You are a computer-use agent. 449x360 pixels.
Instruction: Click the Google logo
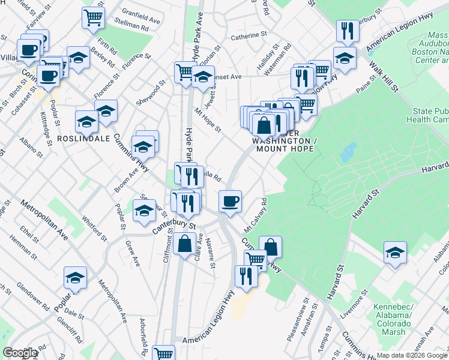click(20, 353)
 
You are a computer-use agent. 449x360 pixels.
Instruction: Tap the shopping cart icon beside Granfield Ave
click(94, 17)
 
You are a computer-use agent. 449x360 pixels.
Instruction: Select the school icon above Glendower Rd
click(76, 277)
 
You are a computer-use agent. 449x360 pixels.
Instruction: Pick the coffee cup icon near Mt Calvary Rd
click(229, 200)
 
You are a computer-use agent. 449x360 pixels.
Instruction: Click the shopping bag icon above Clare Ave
click(185, 244)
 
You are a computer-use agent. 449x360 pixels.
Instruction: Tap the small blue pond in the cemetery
click(348, 152)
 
